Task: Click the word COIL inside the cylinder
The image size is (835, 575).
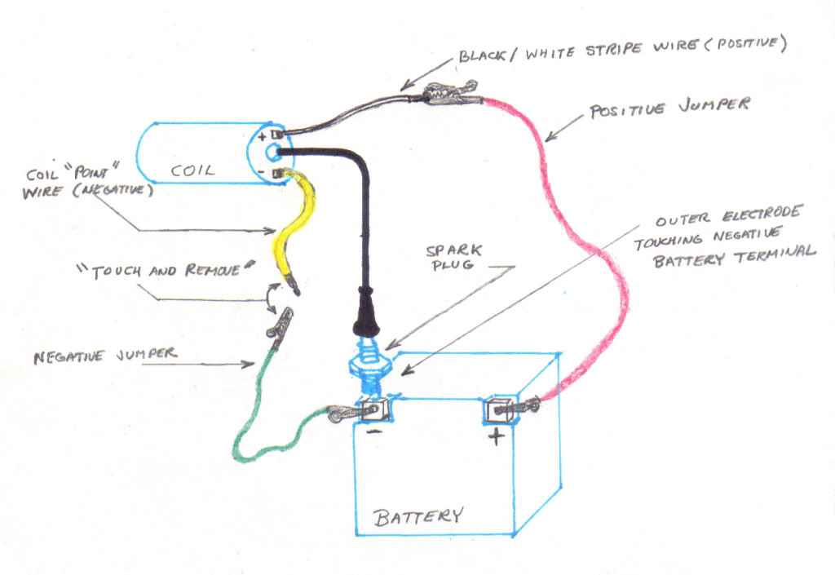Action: pos(193,170)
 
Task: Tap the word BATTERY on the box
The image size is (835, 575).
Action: pos(418,516)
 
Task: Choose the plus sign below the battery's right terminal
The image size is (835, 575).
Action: pos(496,437)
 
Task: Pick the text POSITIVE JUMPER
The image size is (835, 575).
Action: pos(669,108)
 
